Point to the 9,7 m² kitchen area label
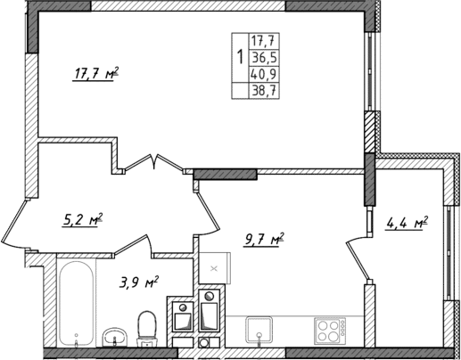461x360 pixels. tap(264, 239)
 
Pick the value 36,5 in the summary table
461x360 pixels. tap(264, 57)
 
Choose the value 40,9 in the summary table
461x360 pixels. tap(264, 75)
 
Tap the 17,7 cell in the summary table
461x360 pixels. tap(264, 40)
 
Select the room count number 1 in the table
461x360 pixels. tap(238, 58)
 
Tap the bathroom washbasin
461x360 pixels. tap(113, 336)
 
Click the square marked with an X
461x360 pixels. tap(213, 266)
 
